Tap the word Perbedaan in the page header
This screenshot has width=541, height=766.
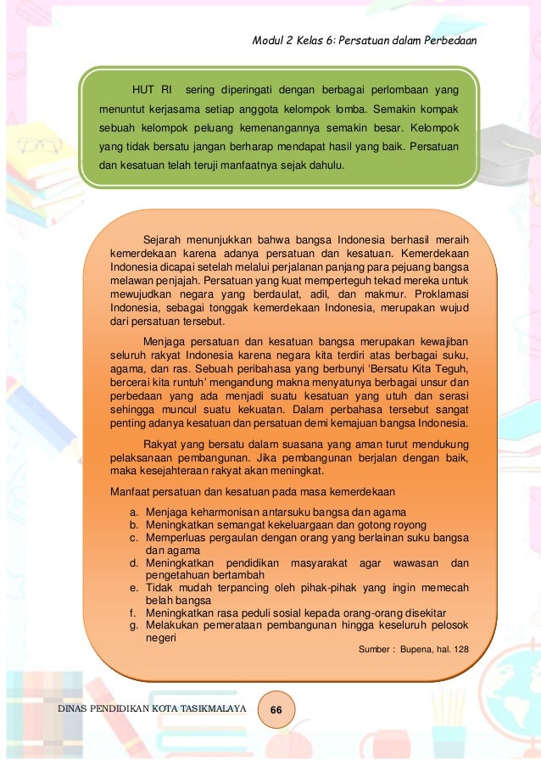[x=452, y=42]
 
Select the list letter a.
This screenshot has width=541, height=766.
[x=134, y=512]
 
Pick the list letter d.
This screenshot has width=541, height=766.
[x=134, y=562]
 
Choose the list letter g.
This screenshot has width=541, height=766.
[x=134, y=626]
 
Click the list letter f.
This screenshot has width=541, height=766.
[x=133, y=613]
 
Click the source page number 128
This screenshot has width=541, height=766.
[x=459, y=650]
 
